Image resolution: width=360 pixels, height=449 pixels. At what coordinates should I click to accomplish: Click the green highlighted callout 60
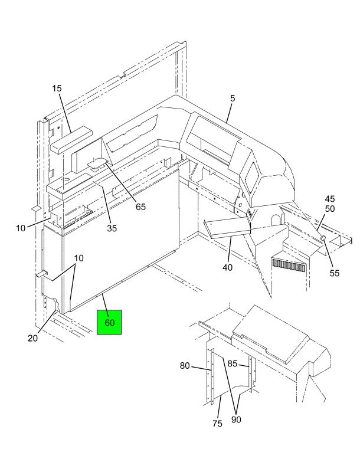click(109, 322)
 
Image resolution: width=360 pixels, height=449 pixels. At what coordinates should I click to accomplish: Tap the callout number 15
click(57, 89)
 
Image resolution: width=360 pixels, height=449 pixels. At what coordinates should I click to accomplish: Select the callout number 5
click(233, 99)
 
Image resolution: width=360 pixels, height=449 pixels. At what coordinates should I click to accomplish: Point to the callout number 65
click(140, 206)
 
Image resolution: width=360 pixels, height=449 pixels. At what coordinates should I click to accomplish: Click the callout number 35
click(112, 229)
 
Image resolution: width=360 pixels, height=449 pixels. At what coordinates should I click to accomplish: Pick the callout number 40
click(227, 267)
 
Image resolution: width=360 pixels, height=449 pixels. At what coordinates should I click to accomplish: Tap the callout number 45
click(330, 199)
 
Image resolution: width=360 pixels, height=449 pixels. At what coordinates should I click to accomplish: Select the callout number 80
click(185, 366)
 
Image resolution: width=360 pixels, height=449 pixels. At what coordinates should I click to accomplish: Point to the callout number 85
click(233, 364)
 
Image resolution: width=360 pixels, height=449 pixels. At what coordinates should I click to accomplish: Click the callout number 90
click(236, 419)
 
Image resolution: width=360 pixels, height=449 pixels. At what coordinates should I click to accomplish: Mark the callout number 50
click(330, 209)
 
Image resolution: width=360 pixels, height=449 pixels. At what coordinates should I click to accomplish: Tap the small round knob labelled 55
click(323, 238)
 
